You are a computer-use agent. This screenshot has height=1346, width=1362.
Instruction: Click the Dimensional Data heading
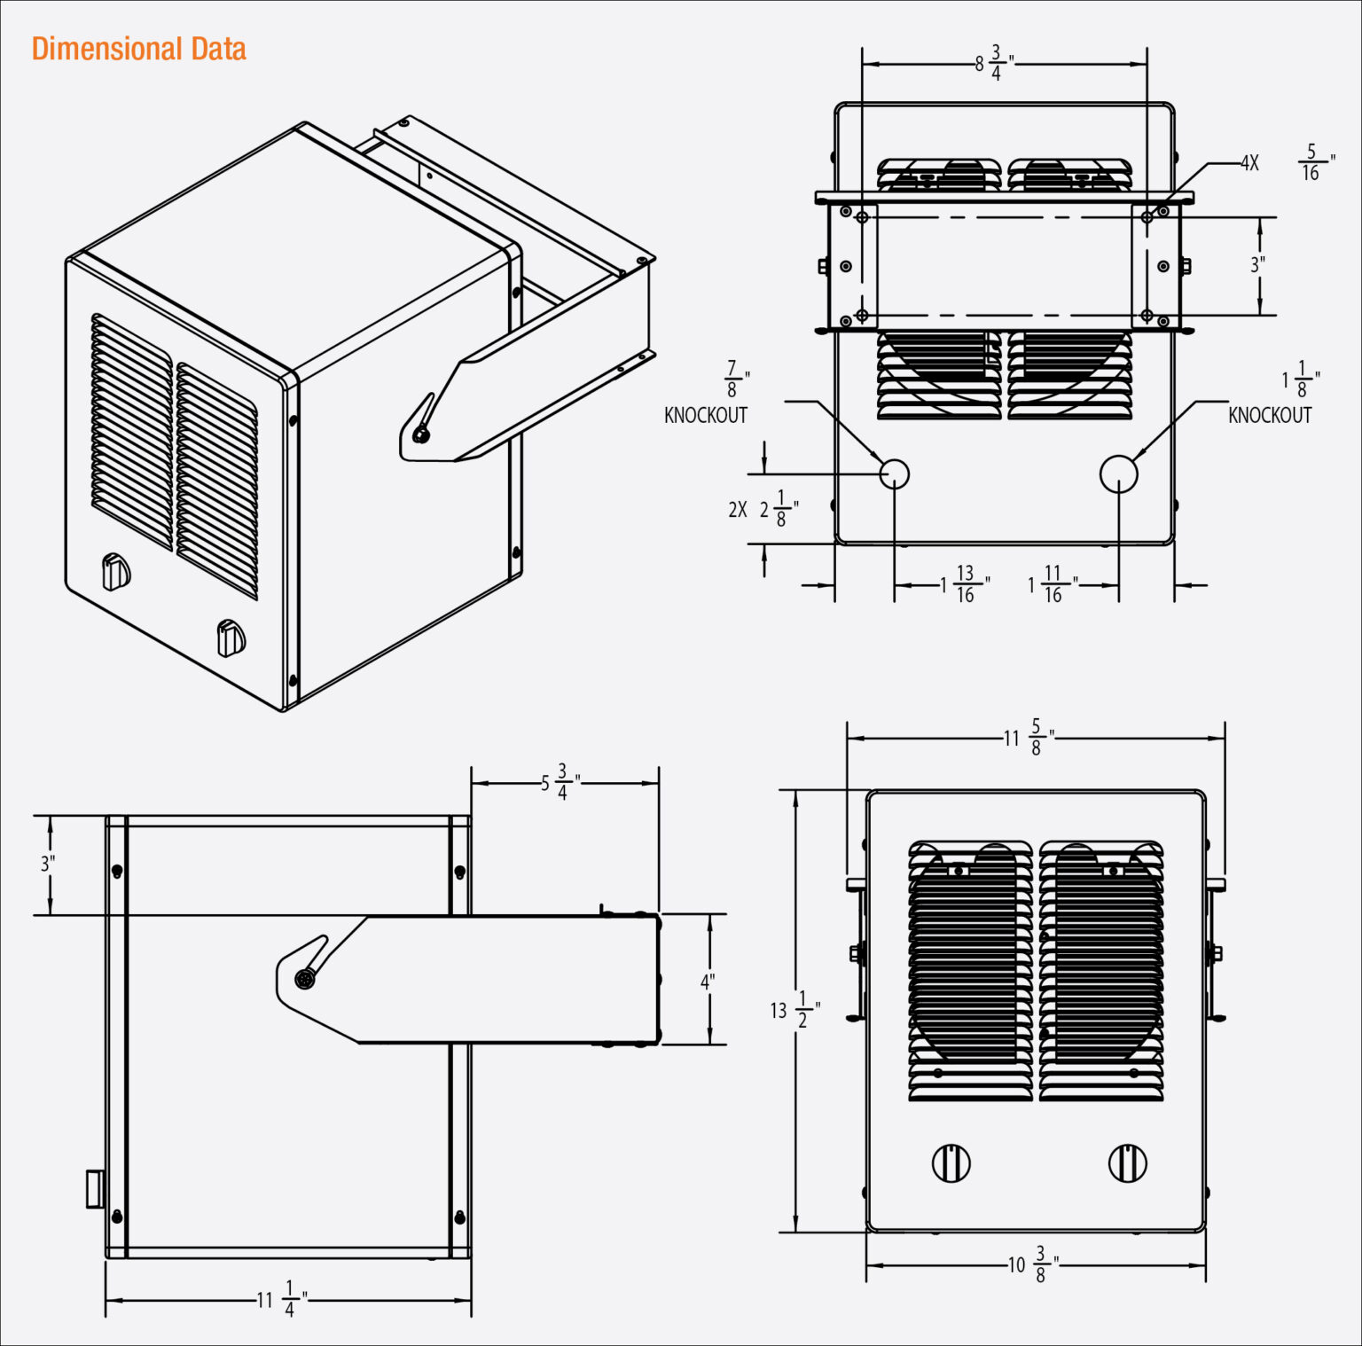(138, 49)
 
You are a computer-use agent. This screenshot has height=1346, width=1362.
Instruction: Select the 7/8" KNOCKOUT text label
(707, 397)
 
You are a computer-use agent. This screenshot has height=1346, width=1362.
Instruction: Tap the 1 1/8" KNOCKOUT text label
(1270, 397)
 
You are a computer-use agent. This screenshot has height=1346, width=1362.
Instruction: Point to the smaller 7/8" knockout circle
(894, 473)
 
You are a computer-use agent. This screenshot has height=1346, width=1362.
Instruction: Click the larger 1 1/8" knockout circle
(1118, 473)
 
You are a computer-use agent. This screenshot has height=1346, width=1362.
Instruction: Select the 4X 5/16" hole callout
(1286, 163)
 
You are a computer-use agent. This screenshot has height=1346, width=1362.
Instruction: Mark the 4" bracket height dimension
(708, 981)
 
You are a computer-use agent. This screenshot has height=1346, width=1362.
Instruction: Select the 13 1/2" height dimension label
(794, 1010)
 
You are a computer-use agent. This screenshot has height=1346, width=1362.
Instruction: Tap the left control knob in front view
(951, 1162)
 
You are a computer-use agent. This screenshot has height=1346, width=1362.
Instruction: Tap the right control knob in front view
(1127, 1162)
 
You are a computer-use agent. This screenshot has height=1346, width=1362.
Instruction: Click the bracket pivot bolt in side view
(305, 979)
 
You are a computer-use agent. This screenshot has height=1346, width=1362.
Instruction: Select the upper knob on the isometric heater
(115, 572)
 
